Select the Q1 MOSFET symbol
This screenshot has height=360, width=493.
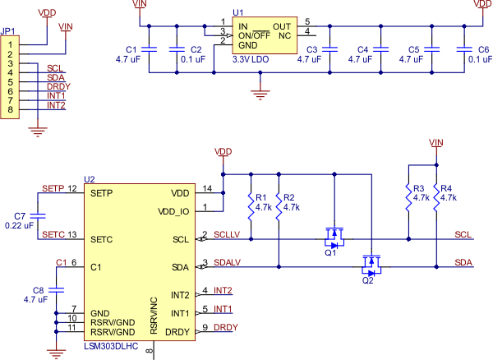334,238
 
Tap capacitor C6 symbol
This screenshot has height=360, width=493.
466,49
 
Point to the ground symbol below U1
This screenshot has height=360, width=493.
260,94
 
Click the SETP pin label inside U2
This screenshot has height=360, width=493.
103,193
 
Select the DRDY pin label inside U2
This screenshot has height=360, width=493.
177,332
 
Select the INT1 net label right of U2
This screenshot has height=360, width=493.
223,309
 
